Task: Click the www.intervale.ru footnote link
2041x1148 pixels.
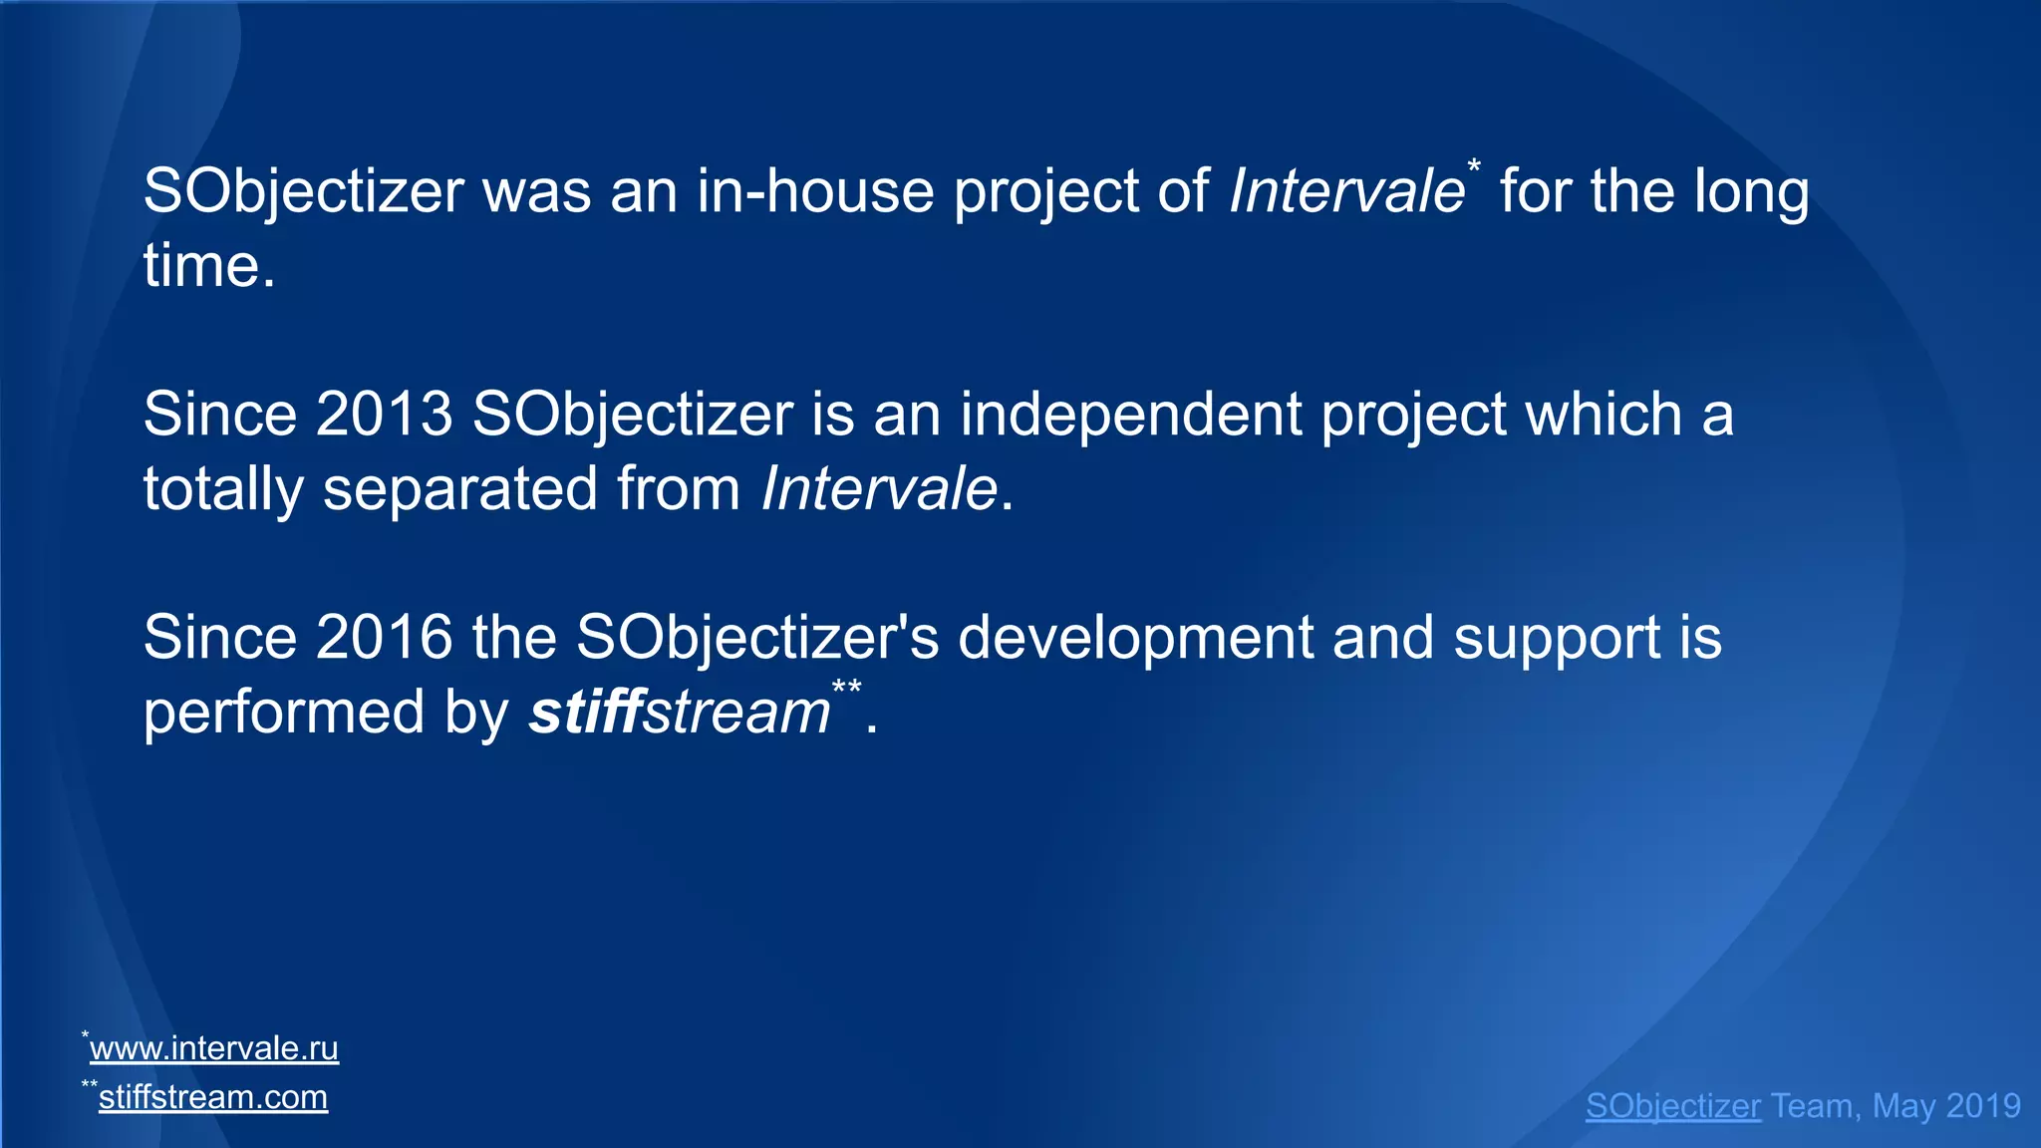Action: coord(213,1048)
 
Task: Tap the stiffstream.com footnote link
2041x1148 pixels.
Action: coord(212,1097)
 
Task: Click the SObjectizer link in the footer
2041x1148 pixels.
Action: coord(1672,1106)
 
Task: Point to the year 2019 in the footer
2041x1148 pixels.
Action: coord(1983,1106)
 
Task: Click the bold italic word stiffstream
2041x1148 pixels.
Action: coord(679,712)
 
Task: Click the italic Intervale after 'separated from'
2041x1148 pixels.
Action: coord(879,488)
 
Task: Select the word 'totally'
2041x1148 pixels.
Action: coord(223,488)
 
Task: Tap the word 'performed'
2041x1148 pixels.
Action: coord(283,712)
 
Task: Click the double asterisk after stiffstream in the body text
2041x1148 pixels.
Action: coord(847,689)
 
